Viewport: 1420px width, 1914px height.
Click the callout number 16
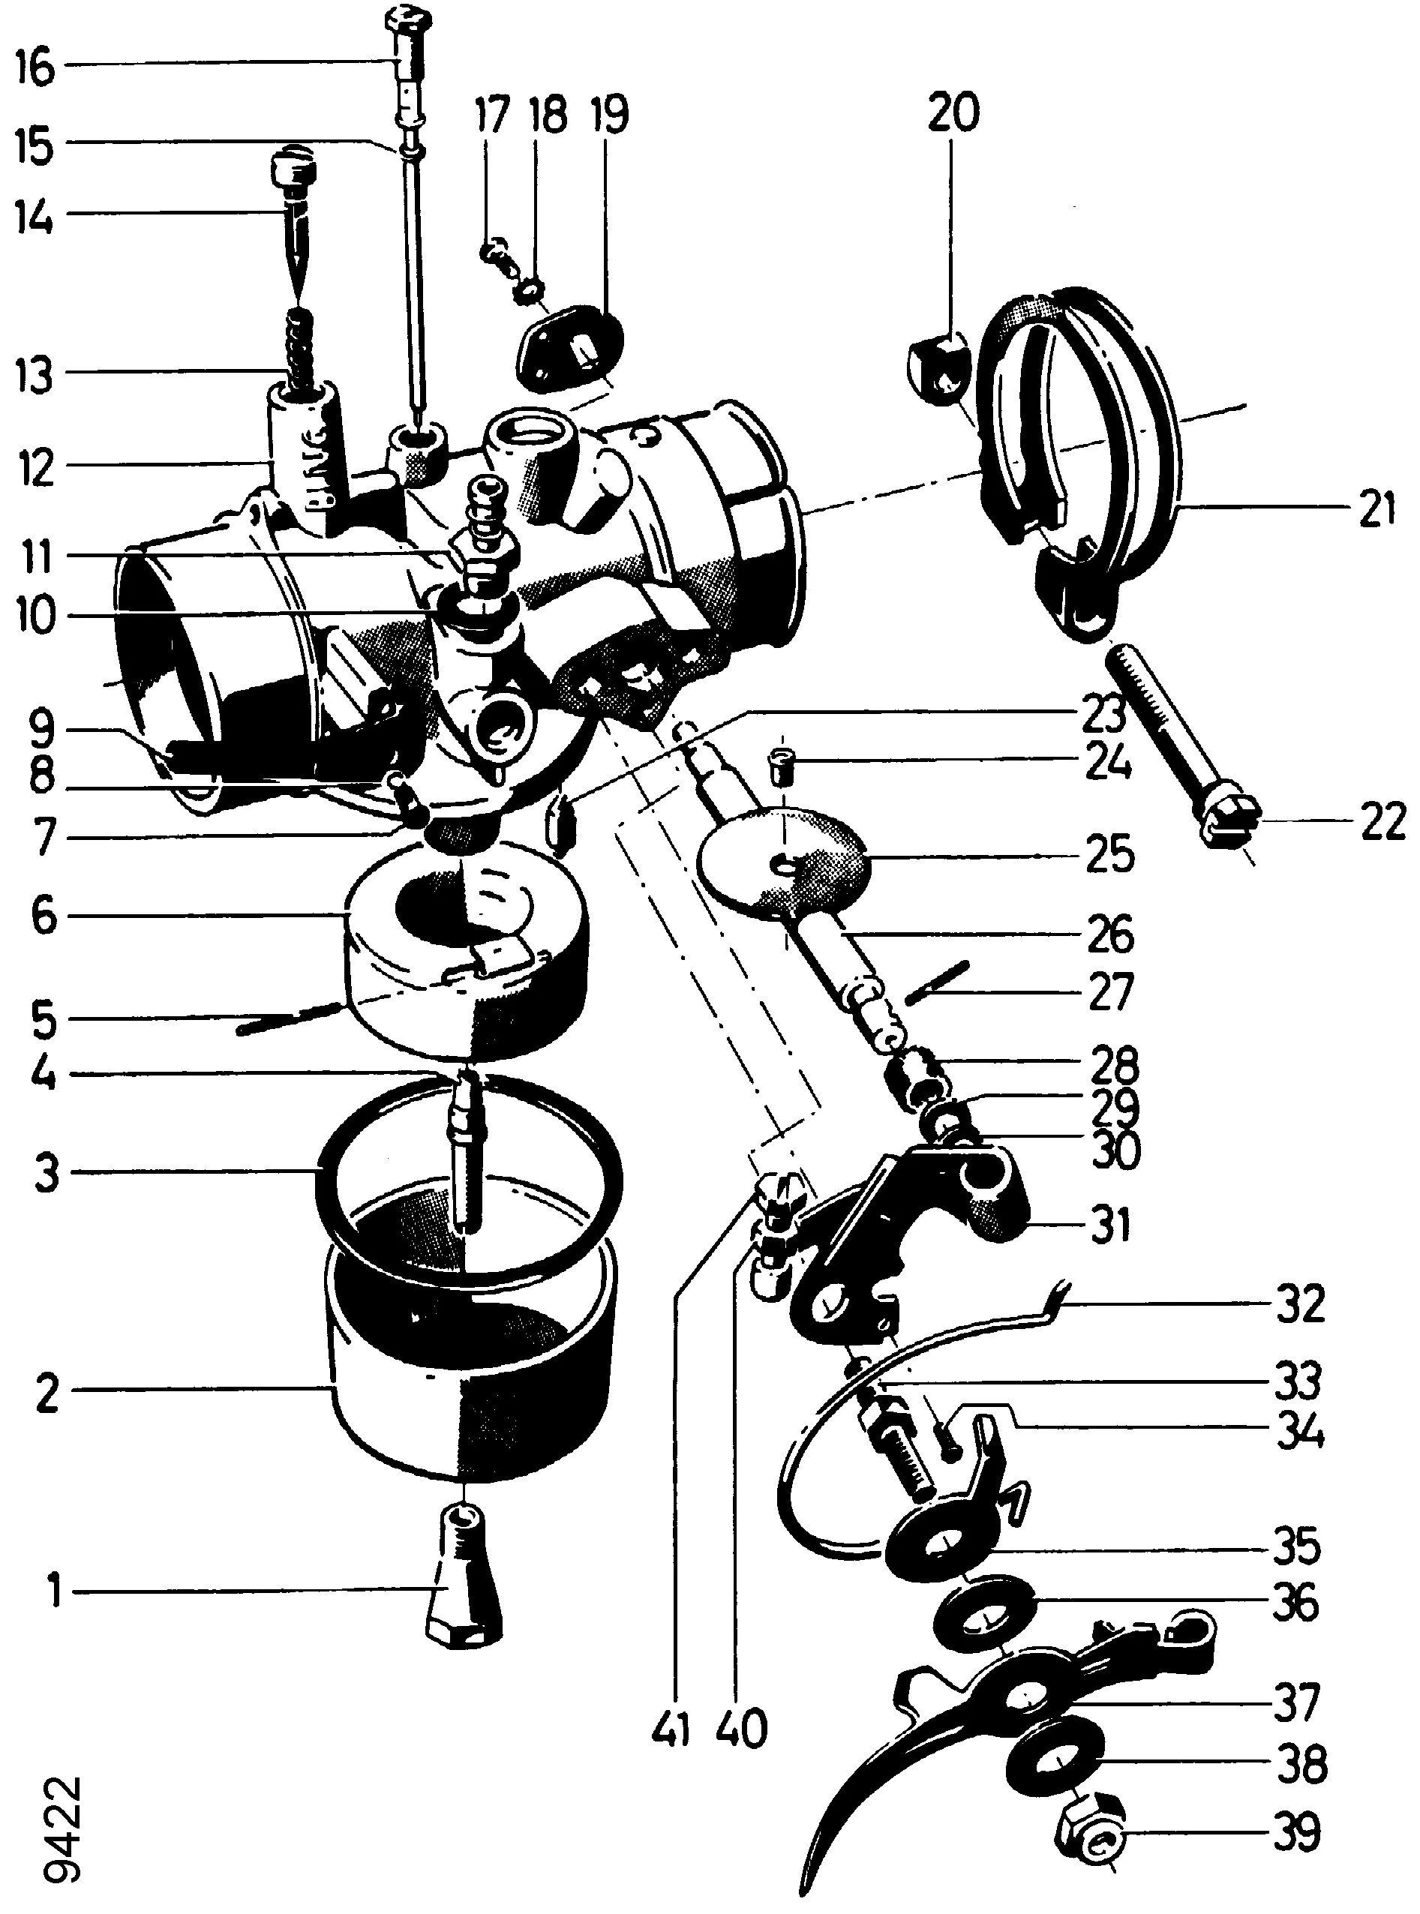35,68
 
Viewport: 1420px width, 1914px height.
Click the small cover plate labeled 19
568,347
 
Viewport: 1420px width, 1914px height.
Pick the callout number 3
47,1172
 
